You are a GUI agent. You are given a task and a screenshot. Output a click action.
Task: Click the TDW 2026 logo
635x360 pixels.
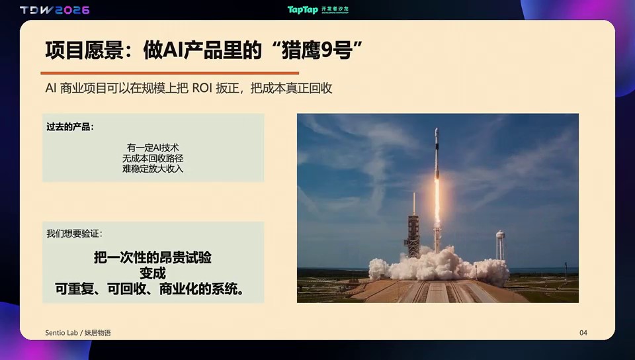click(55, 10)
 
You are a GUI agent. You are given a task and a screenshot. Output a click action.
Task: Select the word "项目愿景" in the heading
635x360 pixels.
click(84, 50)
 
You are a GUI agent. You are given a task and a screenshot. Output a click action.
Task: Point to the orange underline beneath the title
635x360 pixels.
click(170, 73)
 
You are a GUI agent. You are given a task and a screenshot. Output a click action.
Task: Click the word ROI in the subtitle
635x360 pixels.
click(202, 88)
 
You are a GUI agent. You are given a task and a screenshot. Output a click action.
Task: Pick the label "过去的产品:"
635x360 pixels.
click(70, 127)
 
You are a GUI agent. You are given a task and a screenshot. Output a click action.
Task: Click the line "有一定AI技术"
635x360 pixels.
click(153, 148)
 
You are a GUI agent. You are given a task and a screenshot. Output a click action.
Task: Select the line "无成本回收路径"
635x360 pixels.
click(153, 158)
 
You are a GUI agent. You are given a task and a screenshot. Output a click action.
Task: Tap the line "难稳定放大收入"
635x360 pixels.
click(153, 169)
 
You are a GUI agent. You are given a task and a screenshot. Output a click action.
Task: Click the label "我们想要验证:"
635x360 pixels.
click(75, 234)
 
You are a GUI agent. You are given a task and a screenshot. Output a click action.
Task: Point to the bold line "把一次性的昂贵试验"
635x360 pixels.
click(153, 257)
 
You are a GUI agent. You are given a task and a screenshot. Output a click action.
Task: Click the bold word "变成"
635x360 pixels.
click(153, 273)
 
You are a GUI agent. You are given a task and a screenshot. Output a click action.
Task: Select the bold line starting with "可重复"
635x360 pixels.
click(150, 289)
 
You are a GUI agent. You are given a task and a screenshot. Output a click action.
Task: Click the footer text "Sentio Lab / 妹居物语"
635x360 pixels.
click(78, 333)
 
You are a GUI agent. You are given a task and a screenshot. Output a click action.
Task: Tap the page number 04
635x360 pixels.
click(583, 333)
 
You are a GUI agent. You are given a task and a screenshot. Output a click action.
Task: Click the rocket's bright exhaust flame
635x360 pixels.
click(437, 201)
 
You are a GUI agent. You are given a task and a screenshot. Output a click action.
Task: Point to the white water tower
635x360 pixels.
click(501, 245)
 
